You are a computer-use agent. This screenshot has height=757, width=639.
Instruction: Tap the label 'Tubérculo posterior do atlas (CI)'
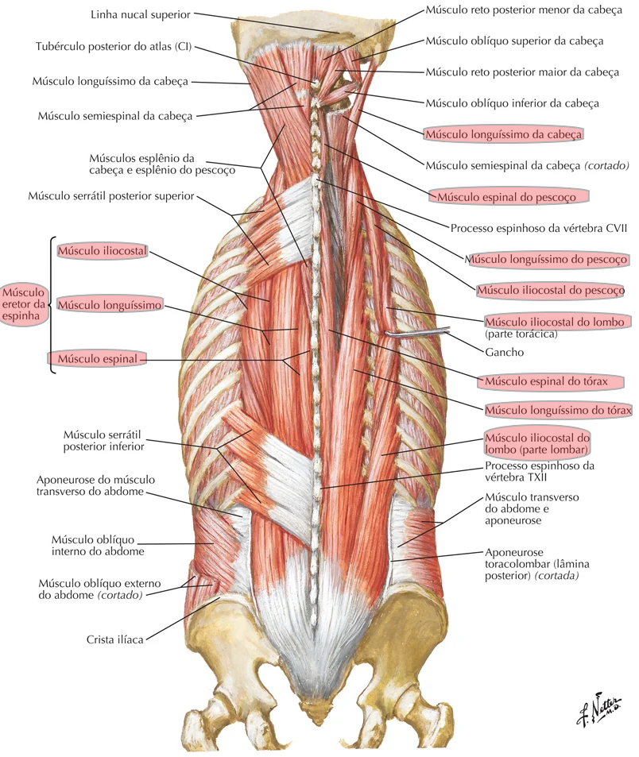[114, 47]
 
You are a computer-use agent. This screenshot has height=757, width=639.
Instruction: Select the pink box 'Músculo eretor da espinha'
[24, 303]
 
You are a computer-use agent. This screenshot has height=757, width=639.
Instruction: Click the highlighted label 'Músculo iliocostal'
[103, 251]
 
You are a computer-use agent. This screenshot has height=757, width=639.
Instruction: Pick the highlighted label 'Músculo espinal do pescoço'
[509, 195]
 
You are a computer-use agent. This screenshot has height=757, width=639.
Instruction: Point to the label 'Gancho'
[504, 352]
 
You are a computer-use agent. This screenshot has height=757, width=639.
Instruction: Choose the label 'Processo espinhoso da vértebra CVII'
[539, 227]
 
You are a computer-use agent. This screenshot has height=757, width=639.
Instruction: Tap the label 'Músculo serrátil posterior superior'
[110, 195]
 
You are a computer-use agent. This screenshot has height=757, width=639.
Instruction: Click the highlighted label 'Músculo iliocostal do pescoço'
[550, 291]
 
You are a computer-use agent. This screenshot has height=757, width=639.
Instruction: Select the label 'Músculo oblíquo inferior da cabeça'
[512, 103]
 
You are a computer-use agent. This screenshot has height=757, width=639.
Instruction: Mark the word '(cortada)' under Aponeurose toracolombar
[555, 576]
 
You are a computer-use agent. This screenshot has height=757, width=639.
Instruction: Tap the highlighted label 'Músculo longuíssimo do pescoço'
[548, 259]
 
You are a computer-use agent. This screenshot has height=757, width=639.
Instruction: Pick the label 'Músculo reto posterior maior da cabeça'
[521, 71]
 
